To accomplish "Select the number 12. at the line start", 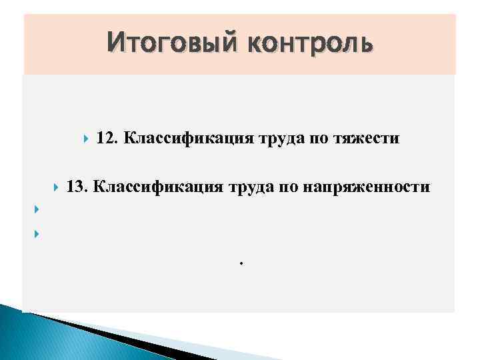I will [x=107, y=139].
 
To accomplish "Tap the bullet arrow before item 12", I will [x=86, y=139].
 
